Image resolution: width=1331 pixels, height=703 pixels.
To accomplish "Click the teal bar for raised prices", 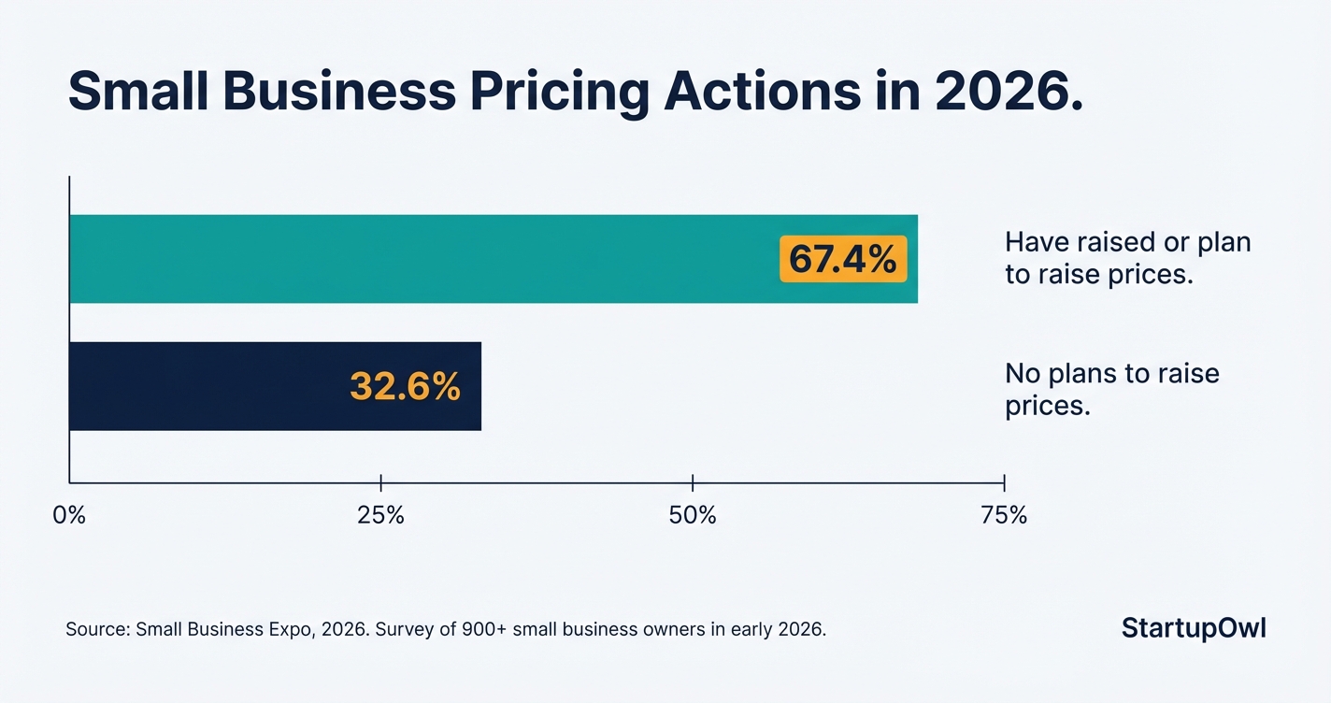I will (421, 259).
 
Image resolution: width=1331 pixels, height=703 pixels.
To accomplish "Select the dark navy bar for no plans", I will (206, 386).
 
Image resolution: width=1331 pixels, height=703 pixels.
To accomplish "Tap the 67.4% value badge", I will (843, 259).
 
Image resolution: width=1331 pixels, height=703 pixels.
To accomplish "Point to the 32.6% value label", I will (405, 386).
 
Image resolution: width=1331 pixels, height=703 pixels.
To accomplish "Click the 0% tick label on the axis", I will (69, 515).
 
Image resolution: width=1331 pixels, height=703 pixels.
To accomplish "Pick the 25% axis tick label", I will (380, 515).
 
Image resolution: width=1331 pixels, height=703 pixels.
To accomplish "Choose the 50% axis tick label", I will (693, 515).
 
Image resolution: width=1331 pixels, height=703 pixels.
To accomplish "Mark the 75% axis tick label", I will (1004, 515).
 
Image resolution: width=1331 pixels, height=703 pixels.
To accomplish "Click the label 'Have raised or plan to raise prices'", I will (1126, 259).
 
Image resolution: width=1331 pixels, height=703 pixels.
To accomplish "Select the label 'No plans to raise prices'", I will (1111, 390).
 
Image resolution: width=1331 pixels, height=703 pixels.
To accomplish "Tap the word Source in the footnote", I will (97, 630).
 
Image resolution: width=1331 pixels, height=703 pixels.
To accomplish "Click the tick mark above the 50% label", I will (693, 482).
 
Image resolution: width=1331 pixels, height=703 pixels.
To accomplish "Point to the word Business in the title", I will (345, 93).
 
